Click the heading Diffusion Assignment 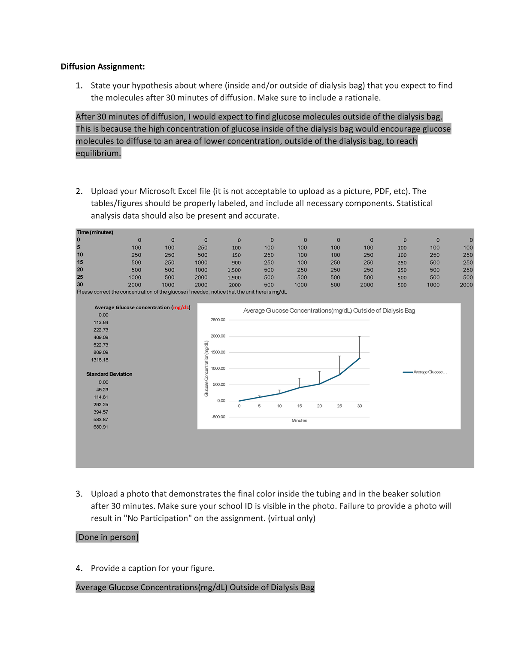[103, 67]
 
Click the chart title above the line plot [329, 311]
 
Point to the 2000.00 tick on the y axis [218, 336]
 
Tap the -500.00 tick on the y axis [218, 417]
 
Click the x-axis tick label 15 [300, 406]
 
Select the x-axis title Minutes [299, 420]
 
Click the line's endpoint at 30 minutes [360, 358]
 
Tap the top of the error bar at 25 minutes [339, 356]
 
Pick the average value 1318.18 [100, 360]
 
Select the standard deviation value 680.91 [101, 427]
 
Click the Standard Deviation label [109, 374]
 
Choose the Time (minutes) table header [95, 232]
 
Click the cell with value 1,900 [234, 277]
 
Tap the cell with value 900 [236, 262]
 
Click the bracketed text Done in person [107, 537]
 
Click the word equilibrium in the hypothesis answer [98, 153]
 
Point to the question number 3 [79, 494]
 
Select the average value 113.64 [101, 323]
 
